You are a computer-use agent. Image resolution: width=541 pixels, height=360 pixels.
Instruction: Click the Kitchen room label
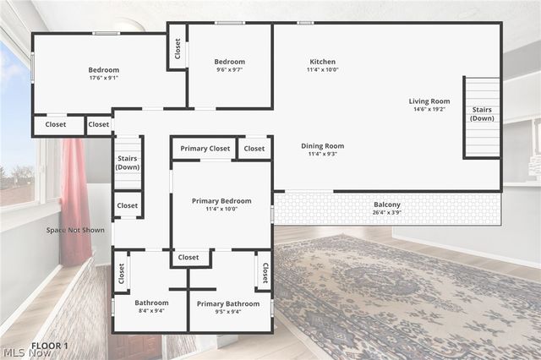pos(322,62)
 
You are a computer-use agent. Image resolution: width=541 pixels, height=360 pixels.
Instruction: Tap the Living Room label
pos(429,101)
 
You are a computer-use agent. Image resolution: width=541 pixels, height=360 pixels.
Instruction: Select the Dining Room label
pos(322,146)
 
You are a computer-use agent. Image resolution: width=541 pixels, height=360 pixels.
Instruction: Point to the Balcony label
pos(387,205)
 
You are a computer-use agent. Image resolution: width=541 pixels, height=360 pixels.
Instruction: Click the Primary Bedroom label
pos(221,201)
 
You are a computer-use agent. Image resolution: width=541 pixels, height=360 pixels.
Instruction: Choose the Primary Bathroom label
pos(228,303)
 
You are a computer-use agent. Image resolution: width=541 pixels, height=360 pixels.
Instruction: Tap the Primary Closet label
pos(205,149)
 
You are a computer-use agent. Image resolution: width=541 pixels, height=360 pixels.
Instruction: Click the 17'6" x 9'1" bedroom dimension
pos(104,79)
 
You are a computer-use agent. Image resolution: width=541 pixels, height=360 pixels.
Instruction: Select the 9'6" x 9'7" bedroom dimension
pos(229,70)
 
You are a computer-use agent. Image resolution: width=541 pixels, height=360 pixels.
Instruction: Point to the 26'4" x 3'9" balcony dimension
pos(387,213)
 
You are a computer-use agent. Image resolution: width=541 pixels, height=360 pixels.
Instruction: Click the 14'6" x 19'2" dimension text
pos(429,110)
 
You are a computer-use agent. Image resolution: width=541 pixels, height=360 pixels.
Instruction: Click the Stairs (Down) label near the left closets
pos(128,162)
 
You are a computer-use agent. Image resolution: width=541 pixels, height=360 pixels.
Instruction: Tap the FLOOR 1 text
pos(50,346)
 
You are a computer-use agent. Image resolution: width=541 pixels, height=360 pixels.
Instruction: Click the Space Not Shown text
pos(76,229)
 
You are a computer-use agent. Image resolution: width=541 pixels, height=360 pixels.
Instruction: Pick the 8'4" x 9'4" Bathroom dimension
pos(151,311)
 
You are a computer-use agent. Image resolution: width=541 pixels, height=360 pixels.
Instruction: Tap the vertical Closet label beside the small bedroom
pos(178,49)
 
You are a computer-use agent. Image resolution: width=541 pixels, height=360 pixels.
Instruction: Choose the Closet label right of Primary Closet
pos(254,149)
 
